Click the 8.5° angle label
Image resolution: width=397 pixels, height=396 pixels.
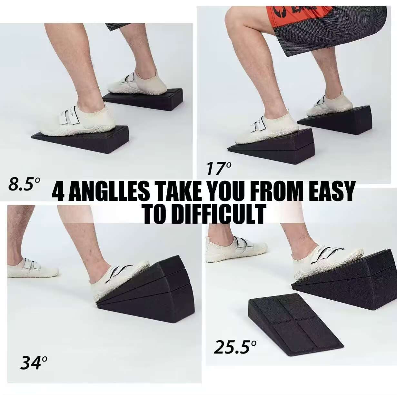[24, 184]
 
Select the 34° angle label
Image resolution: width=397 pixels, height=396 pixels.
[34, 363]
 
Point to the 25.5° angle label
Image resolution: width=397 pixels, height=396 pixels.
[235, 347]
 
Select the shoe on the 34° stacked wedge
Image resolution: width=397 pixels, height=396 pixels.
[120, 279]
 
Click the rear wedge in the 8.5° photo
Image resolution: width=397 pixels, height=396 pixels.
[145, 98]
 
